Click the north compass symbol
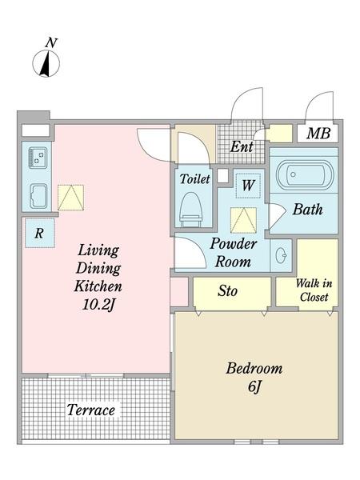coord(46,63)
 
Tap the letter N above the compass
coord(51,42)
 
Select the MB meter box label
coord(318,134)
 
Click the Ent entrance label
coord(242,146)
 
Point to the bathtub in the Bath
coord(304,174)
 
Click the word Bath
coord(307,210)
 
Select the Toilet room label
coord(194,178)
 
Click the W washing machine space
coord(248,186)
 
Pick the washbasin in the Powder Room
coord(282,255)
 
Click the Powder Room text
coord(234,253)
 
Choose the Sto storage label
coord(227,291)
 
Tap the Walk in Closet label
coord(314,290)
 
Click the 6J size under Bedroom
coord(254,386)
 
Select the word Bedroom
coord(254,368)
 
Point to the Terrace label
coord(91,410)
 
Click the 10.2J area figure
coord(98,304)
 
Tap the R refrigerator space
coord(39,233)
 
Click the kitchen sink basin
coord(38,196)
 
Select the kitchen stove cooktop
coord(38,158)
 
